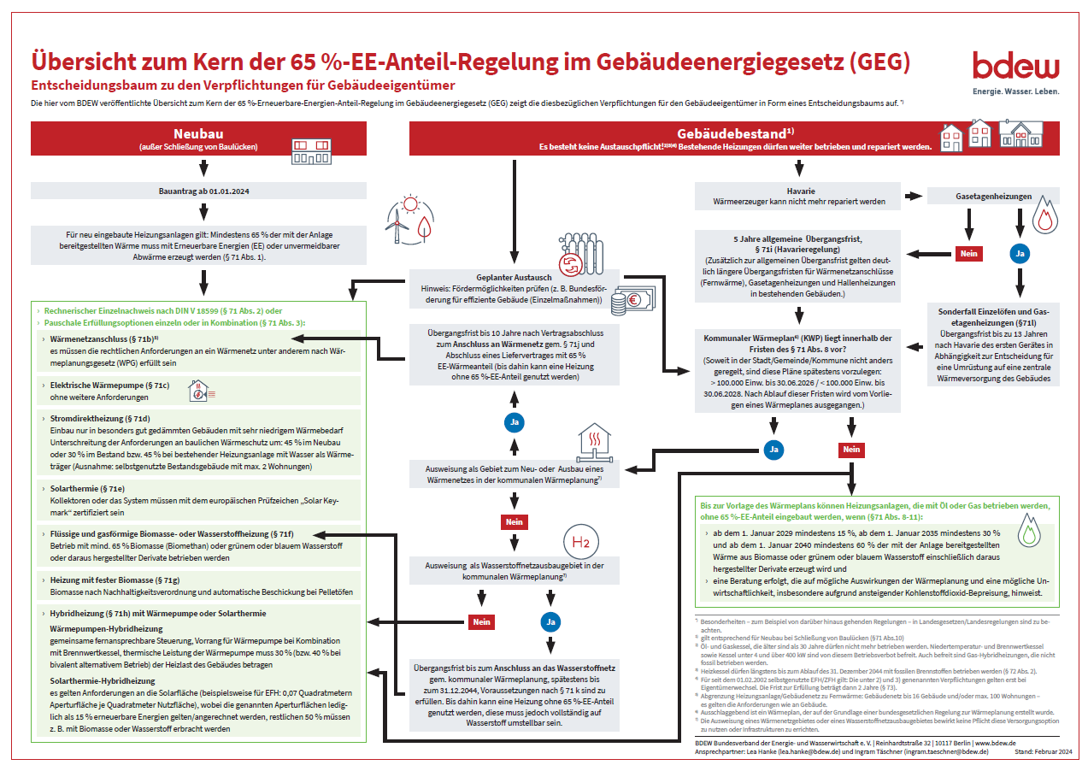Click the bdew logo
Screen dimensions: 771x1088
(1015, 67)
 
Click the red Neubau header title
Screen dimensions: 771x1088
(199, 133)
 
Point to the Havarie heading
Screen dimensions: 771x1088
(800, 191)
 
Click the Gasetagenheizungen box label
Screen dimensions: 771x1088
(993, 196)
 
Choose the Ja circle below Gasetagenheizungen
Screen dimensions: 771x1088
(1018, 253)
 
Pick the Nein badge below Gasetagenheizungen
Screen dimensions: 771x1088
(968, 253)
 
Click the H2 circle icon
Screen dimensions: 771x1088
(581, 542)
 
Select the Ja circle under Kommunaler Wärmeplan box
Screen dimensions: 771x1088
(773, 449)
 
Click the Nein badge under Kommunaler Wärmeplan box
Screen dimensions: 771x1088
(851, 449)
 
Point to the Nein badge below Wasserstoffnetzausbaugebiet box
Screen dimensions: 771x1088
(482, 622)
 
